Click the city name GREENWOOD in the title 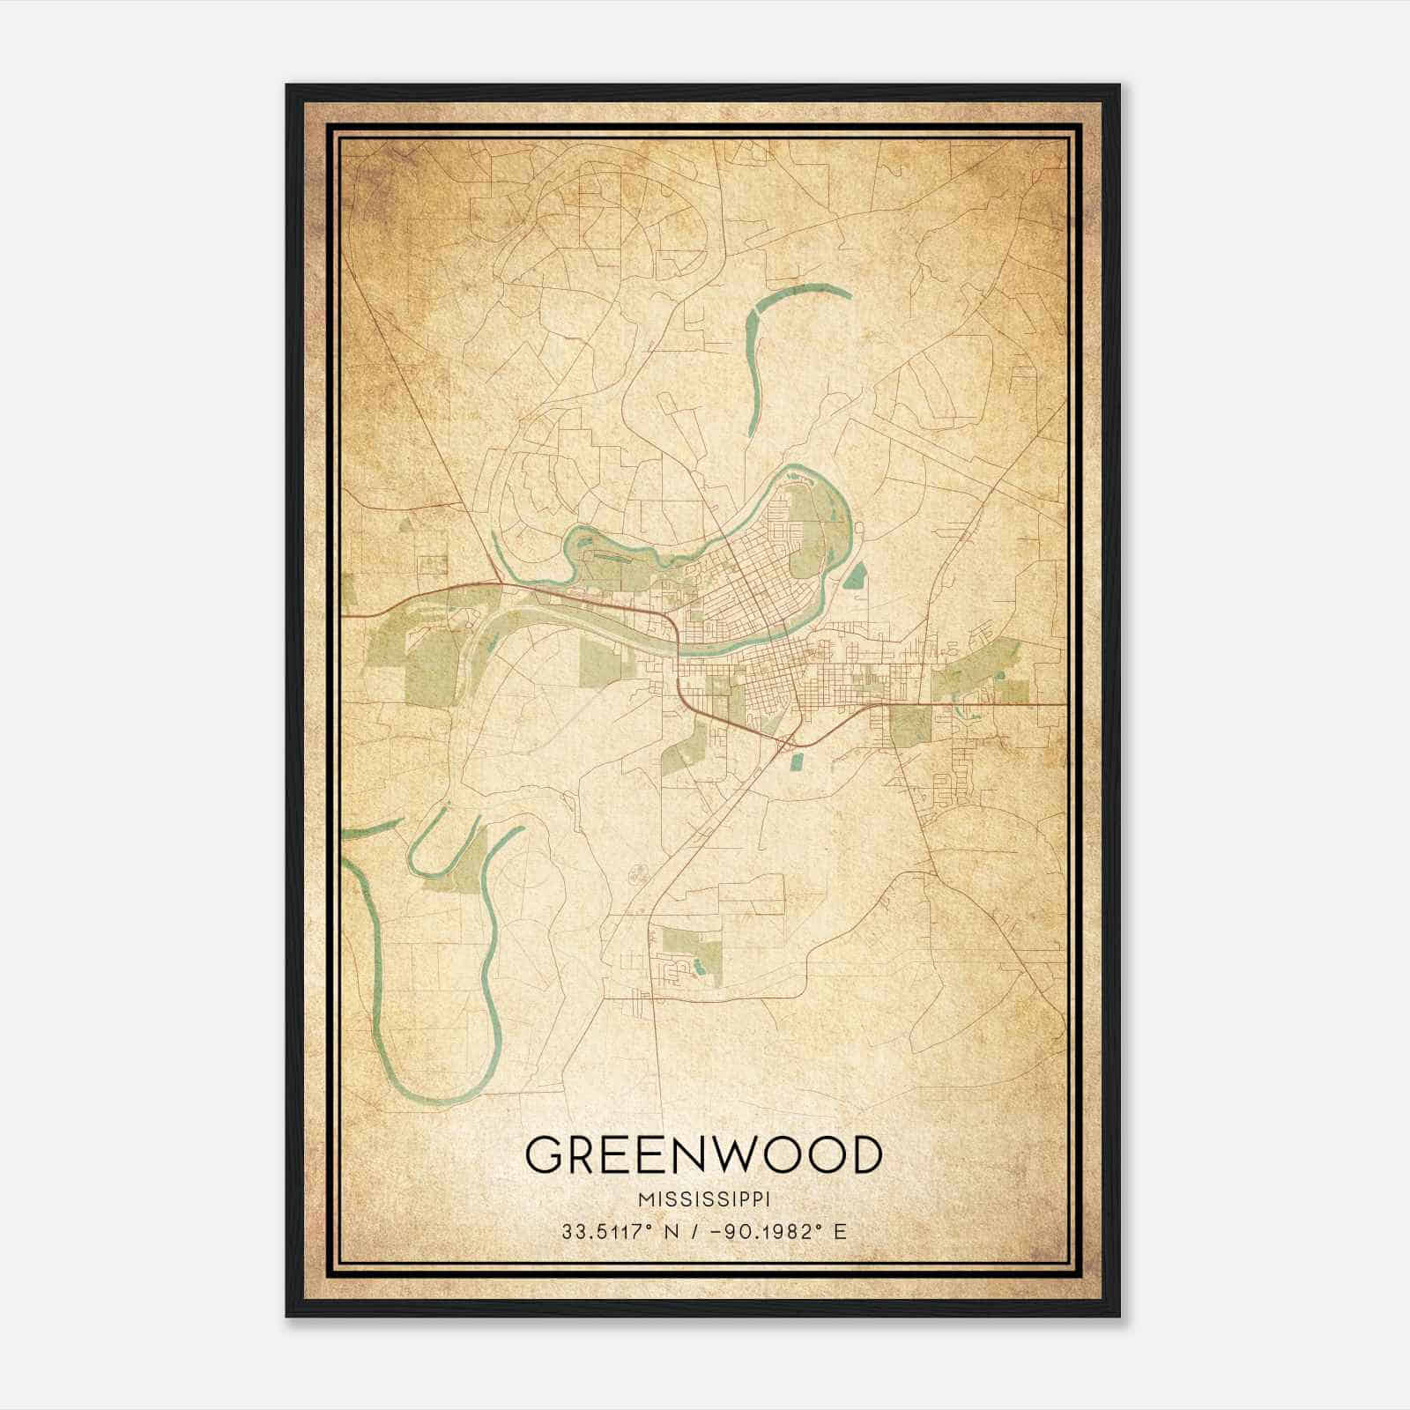703,1155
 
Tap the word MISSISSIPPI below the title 703,1200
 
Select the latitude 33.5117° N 621,1232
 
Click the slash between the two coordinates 697,1232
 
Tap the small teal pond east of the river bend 855,576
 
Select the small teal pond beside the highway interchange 797,760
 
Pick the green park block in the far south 692,952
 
